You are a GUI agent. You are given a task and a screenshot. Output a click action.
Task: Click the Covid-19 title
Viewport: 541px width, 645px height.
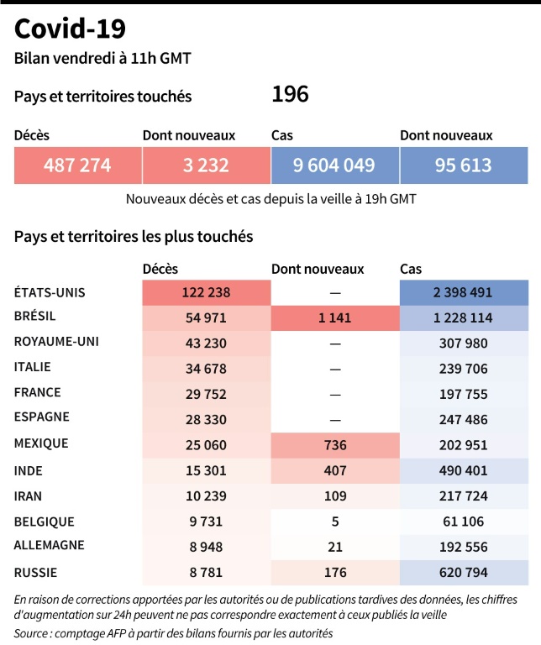click(71, 29)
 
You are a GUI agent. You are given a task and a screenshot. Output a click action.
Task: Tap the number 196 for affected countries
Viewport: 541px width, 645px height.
click(290, 94)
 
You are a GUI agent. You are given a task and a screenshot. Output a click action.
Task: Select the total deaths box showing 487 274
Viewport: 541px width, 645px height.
click(77, 165)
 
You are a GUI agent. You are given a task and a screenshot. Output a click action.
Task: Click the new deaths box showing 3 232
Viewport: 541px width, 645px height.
click(206, 165)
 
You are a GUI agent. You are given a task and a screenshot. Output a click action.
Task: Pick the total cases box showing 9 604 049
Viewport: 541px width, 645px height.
click(334, 165)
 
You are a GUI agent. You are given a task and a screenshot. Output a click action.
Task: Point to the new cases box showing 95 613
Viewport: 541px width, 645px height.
click(463, 165)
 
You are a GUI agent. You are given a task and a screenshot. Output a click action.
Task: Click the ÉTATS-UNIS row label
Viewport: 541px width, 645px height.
click(50, 293)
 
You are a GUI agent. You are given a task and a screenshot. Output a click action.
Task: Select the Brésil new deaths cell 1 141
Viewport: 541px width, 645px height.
click(334, 318)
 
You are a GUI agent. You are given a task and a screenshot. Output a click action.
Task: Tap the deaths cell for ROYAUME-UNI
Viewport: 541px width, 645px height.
click(206, 343)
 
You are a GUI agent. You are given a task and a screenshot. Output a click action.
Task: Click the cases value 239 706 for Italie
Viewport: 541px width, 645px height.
click(463, 368)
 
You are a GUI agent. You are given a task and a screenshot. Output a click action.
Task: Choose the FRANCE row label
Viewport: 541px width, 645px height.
click(38, 392)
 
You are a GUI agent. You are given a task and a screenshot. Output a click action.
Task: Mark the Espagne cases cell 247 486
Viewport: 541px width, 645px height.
click(463, 417)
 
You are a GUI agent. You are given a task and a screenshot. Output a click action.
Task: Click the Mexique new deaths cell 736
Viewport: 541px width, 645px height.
click(334, 443)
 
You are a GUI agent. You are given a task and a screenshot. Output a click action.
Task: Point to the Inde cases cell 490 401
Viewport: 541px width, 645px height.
click(463, 468)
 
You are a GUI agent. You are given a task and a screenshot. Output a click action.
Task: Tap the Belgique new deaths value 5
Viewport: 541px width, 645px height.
click(334, 522)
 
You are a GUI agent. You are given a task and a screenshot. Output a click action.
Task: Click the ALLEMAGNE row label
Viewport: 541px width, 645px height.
click(50, 545)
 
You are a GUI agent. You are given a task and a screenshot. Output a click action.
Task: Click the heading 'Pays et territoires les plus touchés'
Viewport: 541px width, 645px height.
click(134, 236)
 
